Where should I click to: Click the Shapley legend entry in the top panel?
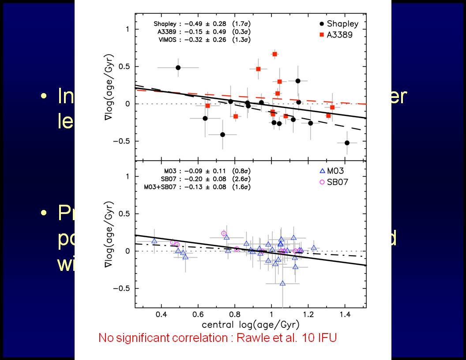339,24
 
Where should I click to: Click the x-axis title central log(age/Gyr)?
250,325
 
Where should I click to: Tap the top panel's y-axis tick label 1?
126,30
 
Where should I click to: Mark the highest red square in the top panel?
274,54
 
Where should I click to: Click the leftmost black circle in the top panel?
178,67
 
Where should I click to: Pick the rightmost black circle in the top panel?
347,142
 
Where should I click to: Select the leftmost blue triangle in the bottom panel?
154,240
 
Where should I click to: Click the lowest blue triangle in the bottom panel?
282,283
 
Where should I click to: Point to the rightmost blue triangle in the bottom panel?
314,247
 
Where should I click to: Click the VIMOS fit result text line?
202,40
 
